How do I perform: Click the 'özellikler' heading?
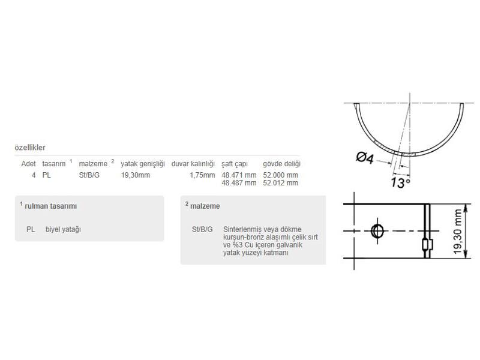(x=30, y=148)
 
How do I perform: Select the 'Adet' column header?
(x=28, y=164)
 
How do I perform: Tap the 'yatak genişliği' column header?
(x=143, y=164)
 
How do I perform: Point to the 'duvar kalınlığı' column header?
(x=193, y=164)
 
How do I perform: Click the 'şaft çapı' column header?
(x=235, y=164)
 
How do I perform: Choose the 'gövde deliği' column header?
(x=281, y=164)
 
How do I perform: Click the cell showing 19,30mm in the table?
(x=136, y=175)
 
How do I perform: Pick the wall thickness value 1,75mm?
(x=202, y=175)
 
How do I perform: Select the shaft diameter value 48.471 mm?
(x=239, y=175)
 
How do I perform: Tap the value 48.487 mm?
(x=239, y=183)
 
